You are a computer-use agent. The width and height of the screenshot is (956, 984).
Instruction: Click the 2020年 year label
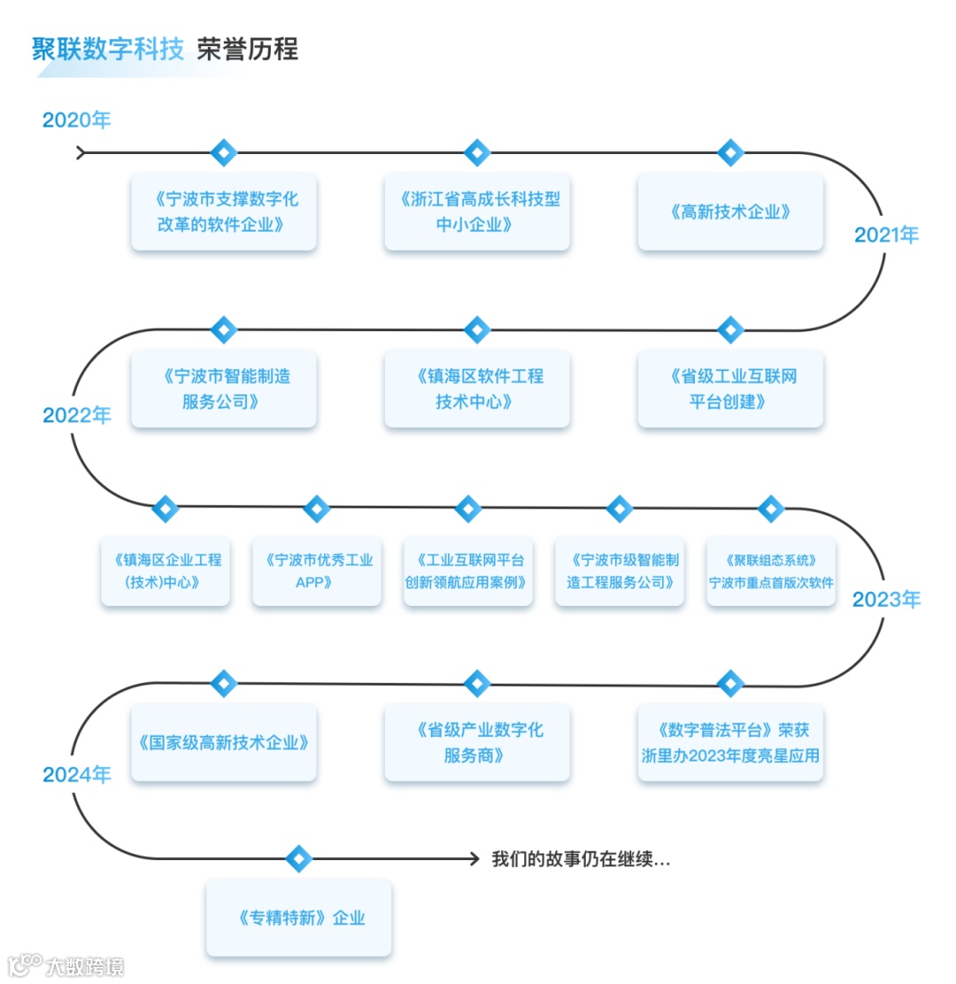[x=77, y=120]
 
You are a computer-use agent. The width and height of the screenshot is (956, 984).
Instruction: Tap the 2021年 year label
[x=886, y=235]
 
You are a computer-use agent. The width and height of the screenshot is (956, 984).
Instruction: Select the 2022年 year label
[x=77, y=415]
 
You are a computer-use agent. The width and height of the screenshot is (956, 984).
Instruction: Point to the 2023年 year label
[x=886, y=600]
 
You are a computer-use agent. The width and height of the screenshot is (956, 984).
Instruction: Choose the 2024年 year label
[x=77, y=775]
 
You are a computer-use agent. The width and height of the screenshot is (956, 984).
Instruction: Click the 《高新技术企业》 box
[x=730, y=212]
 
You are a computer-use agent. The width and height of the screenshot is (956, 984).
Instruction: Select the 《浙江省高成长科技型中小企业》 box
[x=477, y=212]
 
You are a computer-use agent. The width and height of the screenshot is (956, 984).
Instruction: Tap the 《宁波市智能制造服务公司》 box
[x=224, y=389]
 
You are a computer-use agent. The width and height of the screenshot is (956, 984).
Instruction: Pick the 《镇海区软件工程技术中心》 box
[x=477, y=389]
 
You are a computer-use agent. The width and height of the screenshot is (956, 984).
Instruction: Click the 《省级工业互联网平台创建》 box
[x=730, y=389]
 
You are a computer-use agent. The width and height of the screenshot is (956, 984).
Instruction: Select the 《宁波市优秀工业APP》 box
[x=317, y=571]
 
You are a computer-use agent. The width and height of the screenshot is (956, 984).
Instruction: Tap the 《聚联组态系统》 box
[x=770, y=571]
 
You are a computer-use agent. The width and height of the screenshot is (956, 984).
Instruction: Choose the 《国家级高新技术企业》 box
[x=224, y=742]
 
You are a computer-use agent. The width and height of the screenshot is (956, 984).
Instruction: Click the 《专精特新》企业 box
[x=299, y=918]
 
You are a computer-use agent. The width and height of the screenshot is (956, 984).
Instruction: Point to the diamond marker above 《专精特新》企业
[x=299, y=858]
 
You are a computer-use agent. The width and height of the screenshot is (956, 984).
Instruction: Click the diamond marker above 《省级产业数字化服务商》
[x=477, y=683]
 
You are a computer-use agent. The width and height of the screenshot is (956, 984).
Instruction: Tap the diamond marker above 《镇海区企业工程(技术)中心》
[x=166, y=508]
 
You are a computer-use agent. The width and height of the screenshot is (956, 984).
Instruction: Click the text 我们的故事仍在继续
[x=581, y=859]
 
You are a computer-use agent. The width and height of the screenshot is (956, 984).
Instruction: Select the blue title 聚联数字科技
[x=108, y=49]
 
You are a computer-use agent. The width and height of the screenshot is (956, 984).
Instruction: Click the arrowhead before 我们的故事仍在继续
[x=474, y=858]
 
